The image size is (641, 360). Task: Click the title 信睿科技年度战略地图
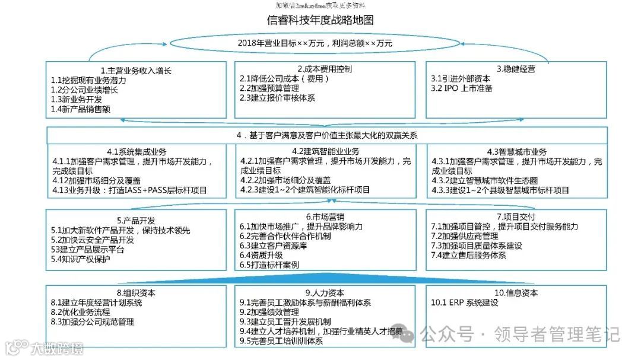coord(320,20)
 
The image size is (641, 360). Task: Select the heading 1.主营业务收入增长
coord(136,69)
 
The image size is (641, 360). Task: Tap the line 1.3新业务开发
coord(77,99)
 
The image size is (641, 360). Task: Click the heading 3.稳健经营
coord(516,69)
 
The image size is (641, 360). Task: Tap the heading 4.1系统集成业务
coord(137,151)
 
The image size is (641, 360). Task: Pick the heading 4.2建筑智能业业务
coord(325,151)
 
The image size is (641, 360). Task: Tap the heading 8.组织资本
coord(136,293)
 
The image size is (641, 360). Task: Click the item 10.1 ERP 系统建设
coord(465,303)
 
